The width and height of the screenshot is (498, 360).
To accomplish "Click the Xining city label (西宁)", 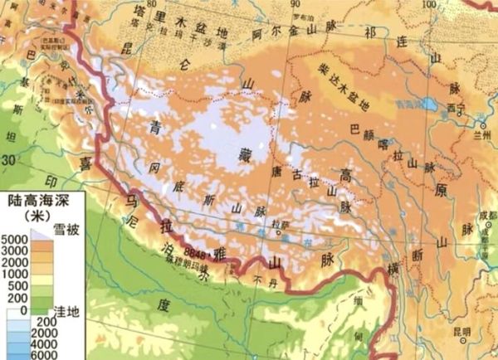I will click(x=452, y=109).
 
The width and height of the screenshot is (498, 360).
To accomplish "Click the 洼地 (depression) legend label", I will click(x=66, y=309).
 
